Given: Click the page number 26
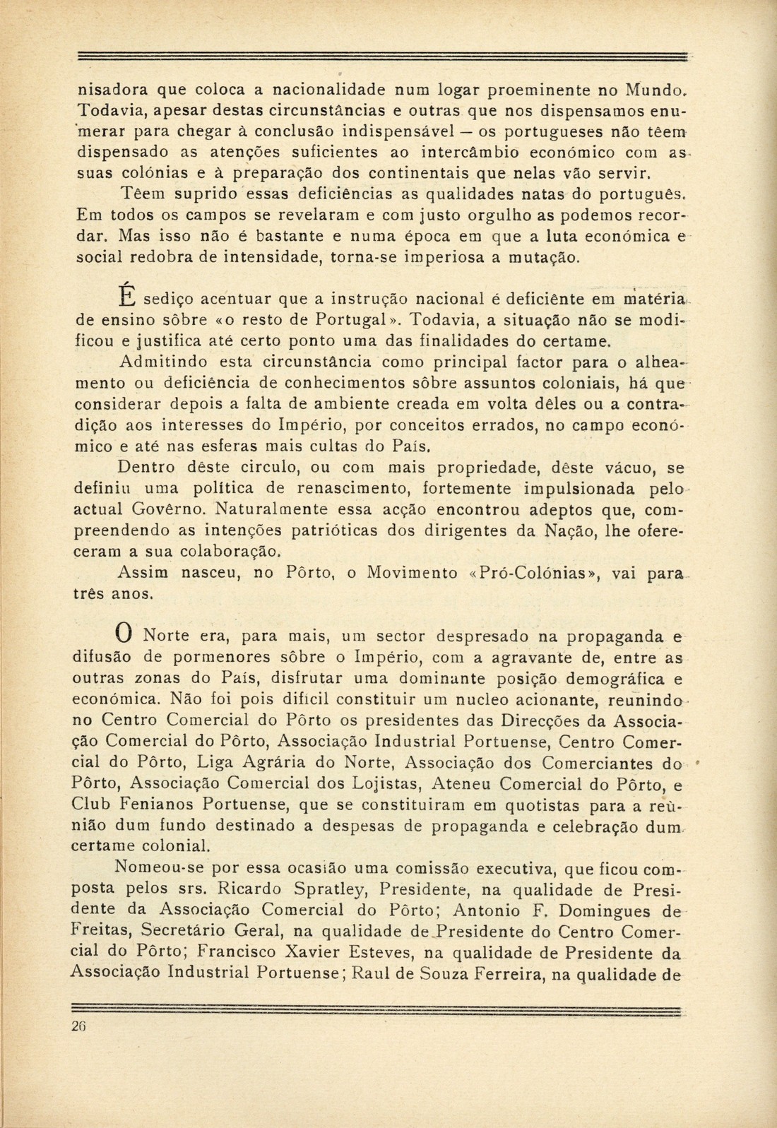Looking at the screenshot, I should click(78, 1027).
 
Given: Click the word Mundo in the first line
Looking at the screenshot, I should click(650, 90).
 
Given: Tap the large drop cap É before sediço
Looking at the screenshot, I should click(126, 292).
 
